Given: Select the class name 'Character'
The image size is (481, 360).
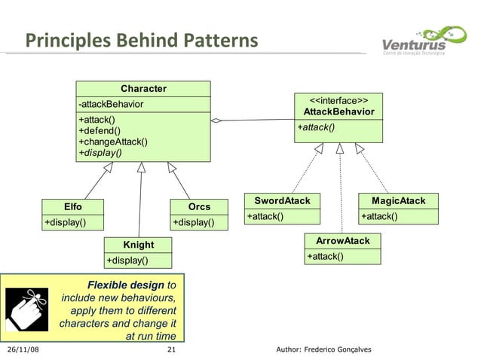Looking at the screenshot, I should (x=143, y=89).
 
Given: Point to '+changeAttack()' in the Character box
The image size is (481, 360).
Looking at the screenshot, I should (x=113, y=142).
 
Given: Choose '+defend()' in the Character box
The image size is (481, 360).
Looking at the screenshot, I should (x=100, y=131).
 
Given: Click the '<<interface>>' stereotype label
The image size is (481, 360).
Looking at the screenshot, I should (x=339, y=99).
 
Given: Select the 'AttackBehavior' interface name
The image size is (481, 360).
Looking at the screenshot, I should (x=339, y=111).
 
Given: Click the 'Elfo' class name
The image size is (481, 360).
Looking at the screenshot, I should (x=73, y=206).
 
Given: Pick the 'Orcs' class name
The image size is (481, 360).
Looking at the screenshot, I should (x=199, y=206).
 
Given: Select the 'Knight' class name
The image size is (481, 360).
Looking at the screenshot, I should (x=138, y=245).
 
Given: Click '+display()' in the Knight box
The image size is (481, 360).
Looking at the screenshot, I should (x=127, y=261).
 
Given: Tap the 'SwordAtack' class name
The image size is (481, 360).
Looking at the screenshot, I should (x=282, y=201).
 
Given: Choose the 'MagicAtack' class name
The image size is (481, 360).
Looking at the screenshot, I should (x=398, y=201).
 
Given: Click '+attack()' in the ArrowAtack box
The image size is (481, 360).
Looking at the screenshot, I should (x=325, y=256).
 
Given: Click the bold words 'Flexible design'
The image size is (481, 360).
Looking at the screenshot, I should (x=126, y=285).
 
